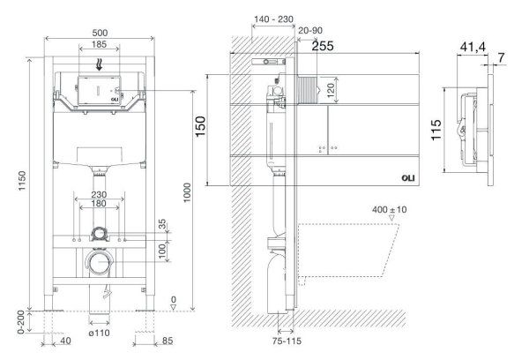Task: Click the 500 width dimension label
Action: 100,33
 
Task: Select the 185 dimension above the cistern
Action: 99,44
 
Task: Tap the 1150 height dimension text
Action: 22,181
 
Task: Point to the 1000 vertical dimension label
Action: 187,192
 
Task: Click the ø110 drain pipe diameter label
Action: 99,333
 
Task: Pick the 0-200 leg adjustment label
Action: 21,322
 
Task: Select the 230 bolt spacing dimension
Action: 99,195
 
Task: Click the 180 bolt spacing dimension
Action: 99,204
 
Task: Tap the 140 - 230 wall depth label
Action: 273,19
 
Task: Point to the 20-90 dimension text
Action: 310,30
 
